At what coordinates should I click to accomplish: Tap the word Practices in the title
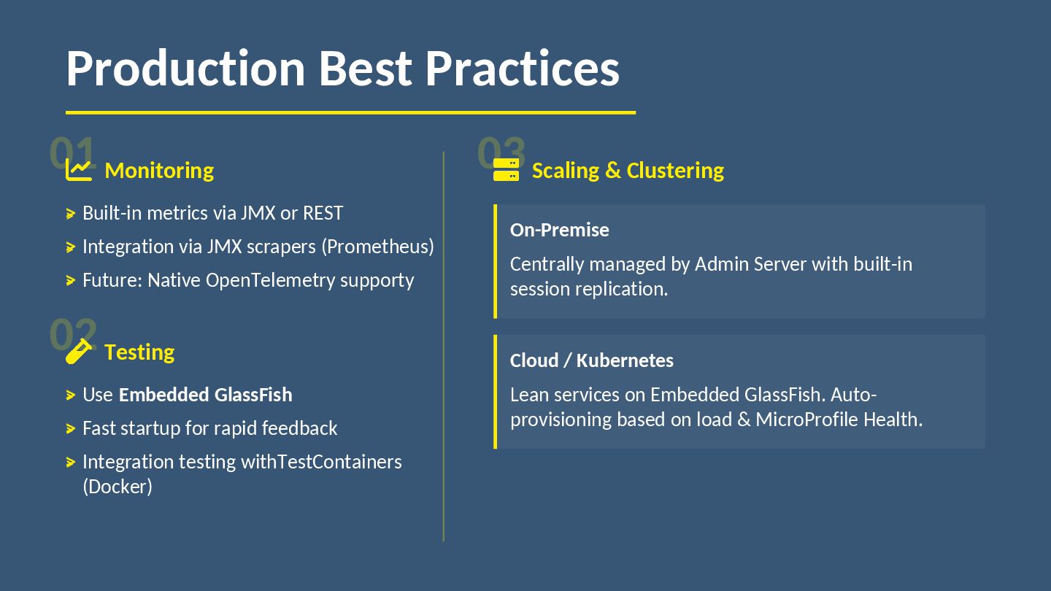523,69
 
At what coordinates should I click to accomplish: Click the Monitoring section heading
160,170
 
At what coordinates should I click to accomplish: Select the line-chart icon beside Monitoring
78,169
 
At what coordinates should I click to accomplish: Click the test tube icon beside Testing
78,351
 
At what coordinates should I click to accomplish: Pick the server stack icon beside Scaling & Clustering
506,169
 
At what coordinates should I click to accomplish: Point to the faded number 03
501,152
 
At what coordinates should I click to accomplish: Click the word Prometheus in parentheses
378,247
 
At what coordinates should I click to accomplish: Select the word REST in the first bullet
323,213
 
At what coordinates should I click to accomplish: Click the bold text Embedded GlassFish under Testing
206,395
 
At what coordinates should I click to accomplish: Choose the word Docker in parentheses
118,487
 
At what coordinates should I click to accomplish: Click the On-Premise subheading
559,230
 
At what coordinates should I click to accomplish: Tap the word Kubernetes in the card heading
625,360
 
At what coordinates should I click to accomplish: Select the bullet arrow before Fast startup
71,429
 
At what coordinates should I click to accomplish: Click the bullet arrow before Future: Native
71,280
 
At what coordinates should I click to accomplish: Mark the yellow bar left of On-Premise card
495,261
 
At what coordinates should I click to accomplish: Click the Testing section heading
139,352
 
